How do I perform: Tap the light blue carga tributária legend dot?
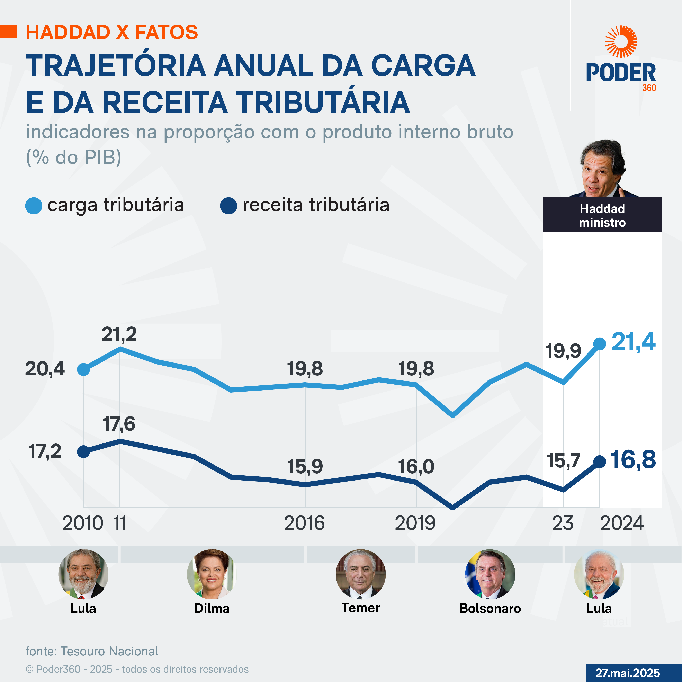34,206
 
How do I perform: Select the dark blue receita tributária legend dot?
228,206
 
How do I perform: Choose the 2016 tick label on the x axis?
304,523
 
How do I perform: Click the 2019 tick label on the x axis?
415,523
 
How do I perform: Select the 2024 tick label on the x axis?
622,523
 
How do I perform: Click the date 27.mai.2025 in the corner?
628,673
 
